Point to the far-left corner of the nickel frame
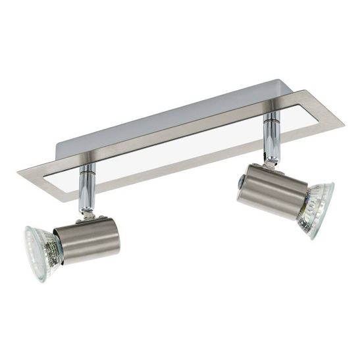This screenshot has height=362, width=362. click(20, 174)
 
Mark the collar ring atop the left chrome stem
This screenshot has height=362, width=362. click(86, 170)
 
